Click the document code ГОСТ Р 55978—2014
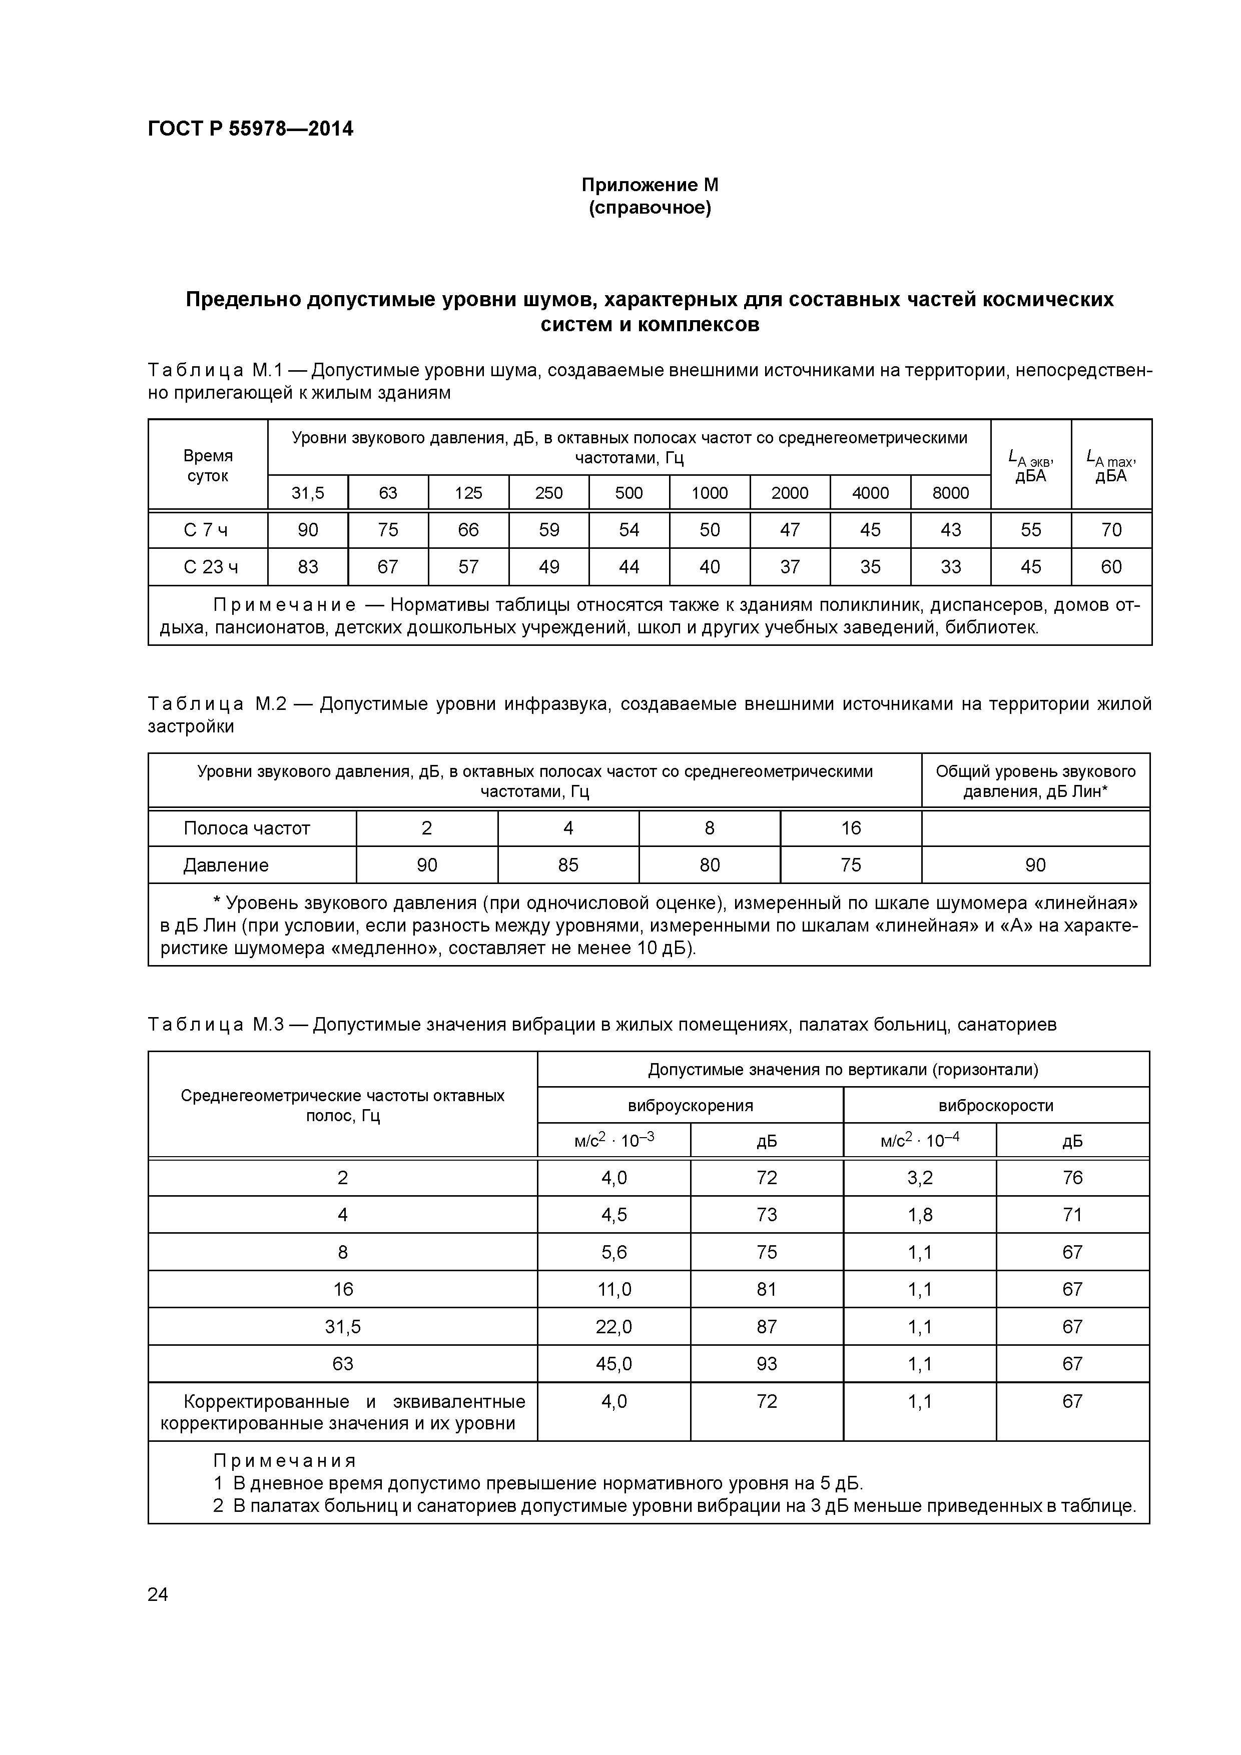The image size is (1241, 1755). tap(250, 129)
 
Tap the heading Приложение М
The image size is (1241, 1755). tap(650, 185)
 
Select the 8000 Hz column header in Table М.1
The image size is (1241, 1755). tap(950, 493)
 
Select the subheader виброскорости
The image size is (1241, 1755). tap(996, 1105)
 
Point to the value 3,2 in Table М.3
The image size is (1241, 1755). tap(919, 1178)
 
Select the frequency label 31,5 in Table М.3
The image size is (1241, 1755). tap(343, 1326)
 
